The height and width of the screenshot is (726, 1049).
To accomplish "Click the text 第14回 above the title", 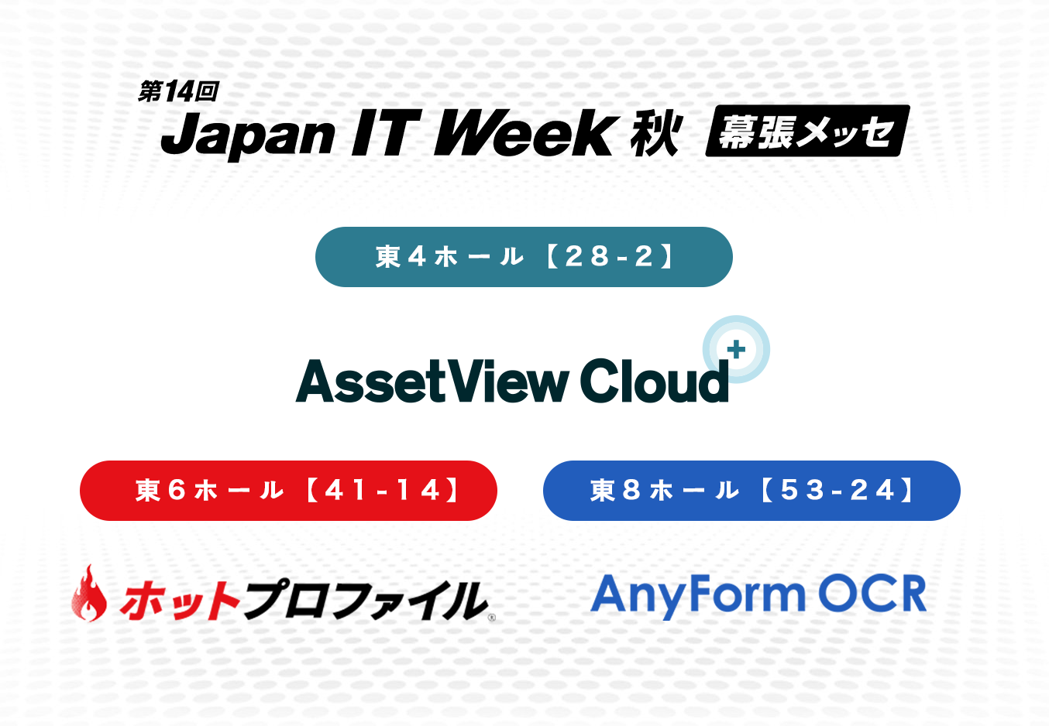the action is tap(178, 91).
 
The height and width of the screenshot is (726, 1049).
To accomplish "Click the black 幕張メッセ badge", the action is tap(808, 131).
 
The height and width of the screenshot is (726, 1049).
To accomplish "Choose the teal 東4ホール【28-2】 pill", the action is tap(524, 257).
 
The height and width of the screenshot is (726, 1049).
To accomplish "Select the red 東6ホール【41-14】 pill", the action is tap(288, 491).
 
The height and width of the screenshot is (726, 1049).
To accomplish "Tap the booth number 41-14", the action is tap(382, 491).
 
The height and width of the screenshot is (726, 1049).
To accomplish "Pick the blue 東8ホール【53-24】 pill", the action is tap(751, 491).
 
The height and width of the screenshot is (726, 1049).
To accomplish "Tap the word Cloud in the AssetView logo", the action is tap(655, 380).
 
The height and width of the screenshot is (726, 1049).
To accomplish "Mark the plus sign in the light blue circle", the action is tap(737, 349).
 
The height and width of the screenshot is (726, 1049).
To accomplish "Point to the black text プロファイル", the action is tap(365, 600).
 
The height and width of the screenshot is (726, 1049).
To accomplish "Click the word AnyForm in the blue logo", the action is tap(698, 595).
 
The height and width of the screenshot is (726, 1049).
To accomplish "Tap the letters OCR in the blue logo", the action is tap(872, 593).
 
